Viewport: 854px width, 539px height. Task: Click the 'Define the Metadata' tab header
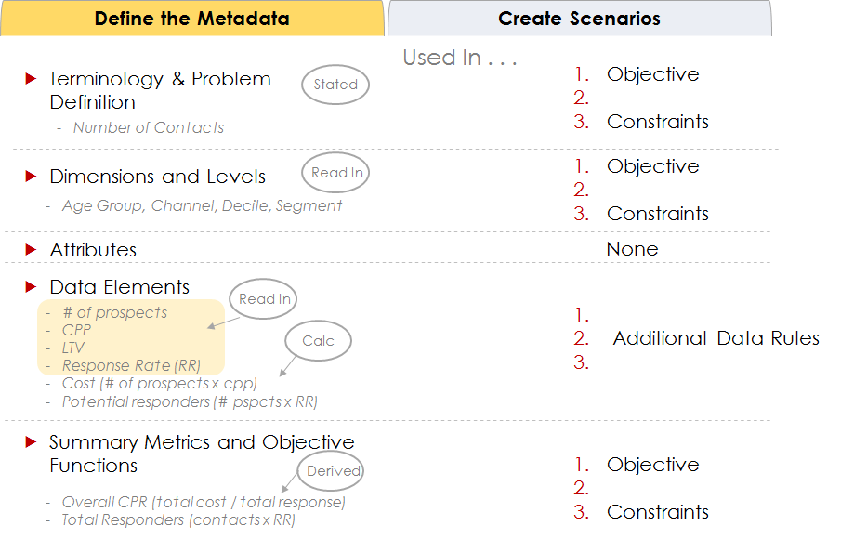(x=191, y=19)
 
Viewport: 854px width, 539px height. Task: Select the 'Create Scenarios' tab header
(x=580, y=19)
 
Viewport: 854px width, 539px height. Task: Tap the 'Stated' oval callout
(x=335, y=85)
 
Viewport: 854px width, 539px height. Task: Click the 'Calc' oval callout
(x=318, y=341)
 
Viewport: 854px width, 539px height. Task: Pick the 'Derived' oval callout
(x=331, y=470)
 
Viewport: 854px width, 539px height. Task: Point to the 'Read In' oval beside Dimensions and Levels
(x=335, y=173)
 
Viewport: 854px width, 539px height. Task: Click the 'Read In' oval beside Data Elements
(x=263, y=299)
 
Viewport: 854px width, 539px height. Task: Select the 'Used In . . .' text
(x=460, y=58)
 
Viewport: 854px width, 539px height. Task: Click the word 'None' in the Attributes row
(x=632, y=249)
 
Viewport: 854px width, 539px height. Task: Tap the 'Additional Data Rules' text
(x=716, y=338)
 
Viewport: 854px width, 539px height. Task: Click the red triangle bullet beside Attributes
(x=31, y=249)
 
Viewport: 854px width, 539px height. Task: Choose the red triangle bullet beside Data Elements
(x=31, y=286)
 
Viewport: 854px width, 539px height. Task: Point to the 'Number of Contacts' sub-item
(x=149, y=127)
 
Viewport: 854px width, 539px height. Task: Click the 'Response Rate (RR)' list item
(x=131, y=365)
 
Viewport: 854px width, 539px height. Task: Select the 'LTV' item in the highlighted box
(x=73, y=348)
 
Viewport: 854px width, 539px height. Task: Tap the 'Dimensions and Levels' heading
(x=157, y=177)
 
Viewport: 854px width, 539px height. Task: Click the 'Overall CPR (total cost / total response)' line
(x=204, y=502)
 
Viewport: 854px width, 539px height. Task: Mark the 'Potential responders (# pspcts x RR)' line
(x=190, y=401)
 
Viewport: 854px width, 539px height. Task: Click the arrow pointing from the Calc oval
(x=287, y=366)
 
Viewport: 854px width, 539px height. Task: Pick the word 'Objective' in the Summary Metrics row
(x=653, y=465)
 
